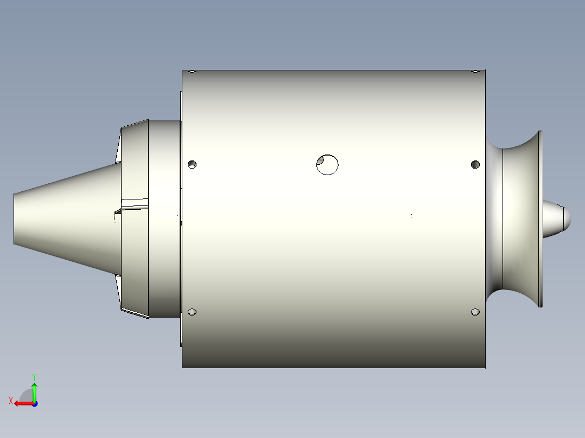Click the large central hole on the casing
327,164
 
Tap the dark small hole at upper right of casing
475,164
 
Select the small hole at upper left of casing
192,164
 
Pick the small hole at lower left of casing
192,312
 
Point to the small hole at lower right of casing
475,312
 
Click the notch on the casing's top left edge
190,72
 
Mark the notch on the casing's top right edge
475,72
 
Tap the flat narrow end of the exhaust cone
14,218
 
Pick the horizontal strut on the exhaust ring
134,203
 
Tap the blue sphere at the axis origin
34,403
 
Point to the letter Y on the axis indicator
34,376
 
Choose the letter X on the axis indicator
10,401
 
